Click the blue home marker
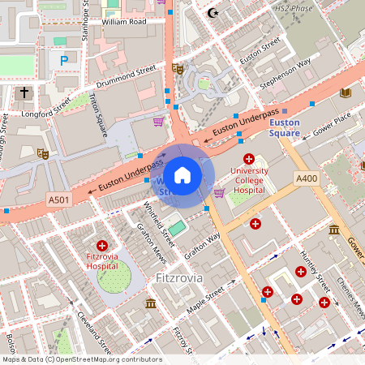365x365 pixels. pos(182,175)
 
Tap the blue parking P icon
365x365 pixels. pos(63,59)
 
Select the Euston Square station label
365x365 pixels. pos(285,127)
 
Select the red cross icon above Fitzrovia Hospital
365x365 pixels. pos(102,245)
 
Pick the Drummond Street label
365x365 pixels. pos(125,77)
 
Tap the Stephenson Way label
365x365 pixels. pos(285,73)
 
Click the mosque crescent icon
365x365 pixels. pos(213,12)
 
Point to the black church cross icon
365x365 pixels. pos(24,92)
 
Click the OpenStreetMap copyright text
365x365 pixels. pos(82,359)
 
